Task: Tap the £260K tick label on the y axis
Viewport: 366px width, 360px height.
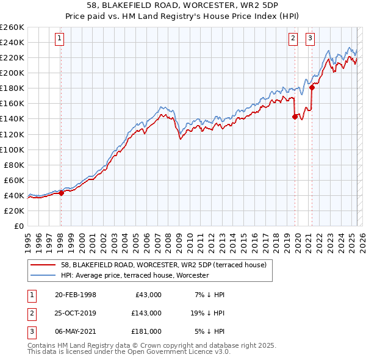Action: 12,27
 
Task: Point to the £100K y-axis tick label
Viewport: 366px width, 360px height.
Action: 12,149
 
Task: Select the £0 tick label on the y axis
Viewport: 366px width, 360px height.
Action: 18,226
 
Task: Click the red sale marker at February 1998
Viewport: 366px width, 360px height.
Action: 61,193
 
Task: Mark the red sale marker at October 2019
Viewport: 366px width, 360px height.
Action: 295,117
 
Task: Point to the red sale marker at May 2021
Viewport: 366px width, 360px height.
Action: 312,87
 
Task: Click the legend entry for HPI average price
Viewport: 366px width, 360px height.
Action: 135,276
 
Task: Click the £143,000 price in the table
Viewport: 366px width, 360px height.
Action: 146,313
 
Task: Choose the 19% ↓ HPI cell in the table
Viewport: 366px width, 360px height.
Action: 207,313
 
